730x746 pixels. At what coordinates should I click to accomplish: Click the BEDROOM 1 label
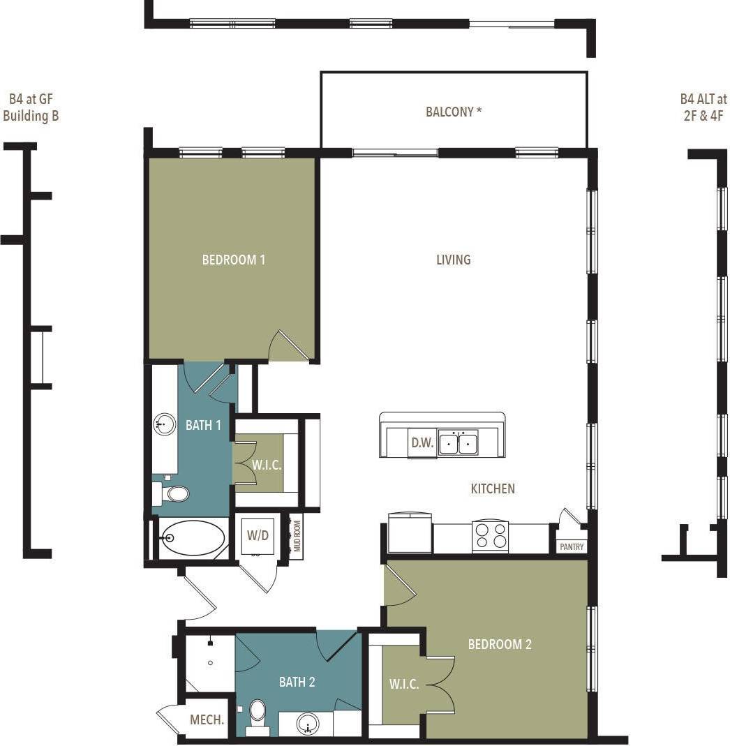point(233,260)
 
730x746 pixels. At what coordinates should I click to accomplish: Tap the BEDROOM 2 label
point(500,644)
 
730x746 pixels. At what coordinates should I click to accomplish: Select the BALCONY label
point(454,112)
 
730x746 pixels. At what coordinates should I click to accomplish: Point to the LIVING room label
point(454,260)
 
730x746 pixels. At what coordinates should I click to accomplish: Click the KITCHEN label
point(493,488)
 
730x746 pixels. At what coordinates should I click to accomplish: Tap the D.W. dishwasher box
point(422,443)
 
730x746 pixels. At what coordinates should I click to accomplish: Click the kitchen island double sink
point(459,443)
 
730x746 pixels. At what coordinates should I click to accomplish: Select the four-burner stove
point(490,536)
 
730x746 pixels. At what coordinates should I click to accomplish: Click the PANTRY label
point(572,547)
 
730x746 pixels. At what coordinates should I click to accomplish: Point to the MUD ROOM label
point(297,537)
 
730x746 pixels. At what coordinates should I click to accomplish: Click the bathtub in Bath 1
point(193,538)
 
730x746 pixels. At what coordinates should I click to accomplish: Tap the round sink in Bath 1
point(165,424)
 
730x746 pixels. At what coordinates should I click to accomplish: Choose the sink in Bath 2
point(308,724)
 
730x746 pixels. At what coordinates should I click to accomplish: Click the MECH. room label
point(207,719)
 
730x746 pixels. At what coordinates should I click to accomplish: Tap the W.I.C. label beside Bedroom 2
point(404,685)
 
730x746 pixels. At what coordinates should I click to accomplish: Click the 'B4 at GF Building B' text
point(31,107)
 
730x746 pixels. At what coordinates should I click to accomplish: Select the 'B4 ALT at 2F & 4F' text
point(703,107)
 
